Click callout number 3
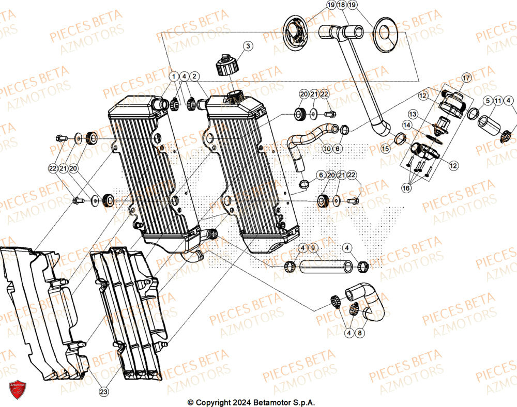point(248,46)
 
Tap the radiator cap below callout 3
point(226,64)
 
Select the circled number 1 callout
point(174,76)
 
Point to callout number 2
point(194,76)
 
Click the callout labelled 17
point(466,78)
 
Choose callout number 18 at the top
point(342,5)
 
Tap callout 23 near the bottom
point(104,392)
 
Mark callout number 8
point(360,334)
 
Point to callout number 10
point(327,149)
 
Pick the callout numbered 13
point(413,113)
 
